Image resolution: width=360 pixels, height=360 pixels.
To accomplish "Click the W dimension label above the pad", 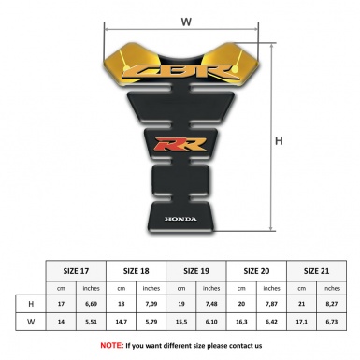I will (185, 20).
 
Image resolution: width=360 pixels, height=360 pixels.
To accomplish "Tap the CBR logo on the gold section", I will (185, 71).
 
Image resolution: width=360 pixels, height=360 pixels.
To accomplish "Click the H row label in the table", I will (32, 306).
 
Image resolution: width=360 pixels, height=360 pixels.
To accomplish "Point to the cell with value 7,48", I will (212, 306).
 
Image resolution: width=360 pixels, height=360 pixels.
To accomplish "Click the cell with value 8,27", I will (333, 306).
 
